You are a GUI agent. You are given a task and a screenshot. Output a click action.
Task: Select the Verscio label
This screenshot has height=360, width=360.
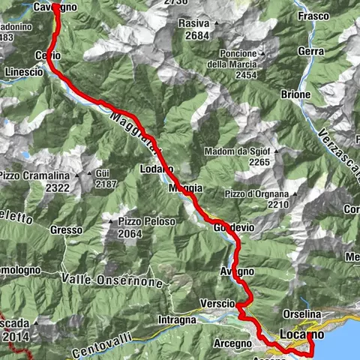218,303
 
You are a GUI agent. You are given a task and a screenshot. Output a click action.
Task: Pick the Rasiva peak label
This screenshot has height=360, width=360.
193,23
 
